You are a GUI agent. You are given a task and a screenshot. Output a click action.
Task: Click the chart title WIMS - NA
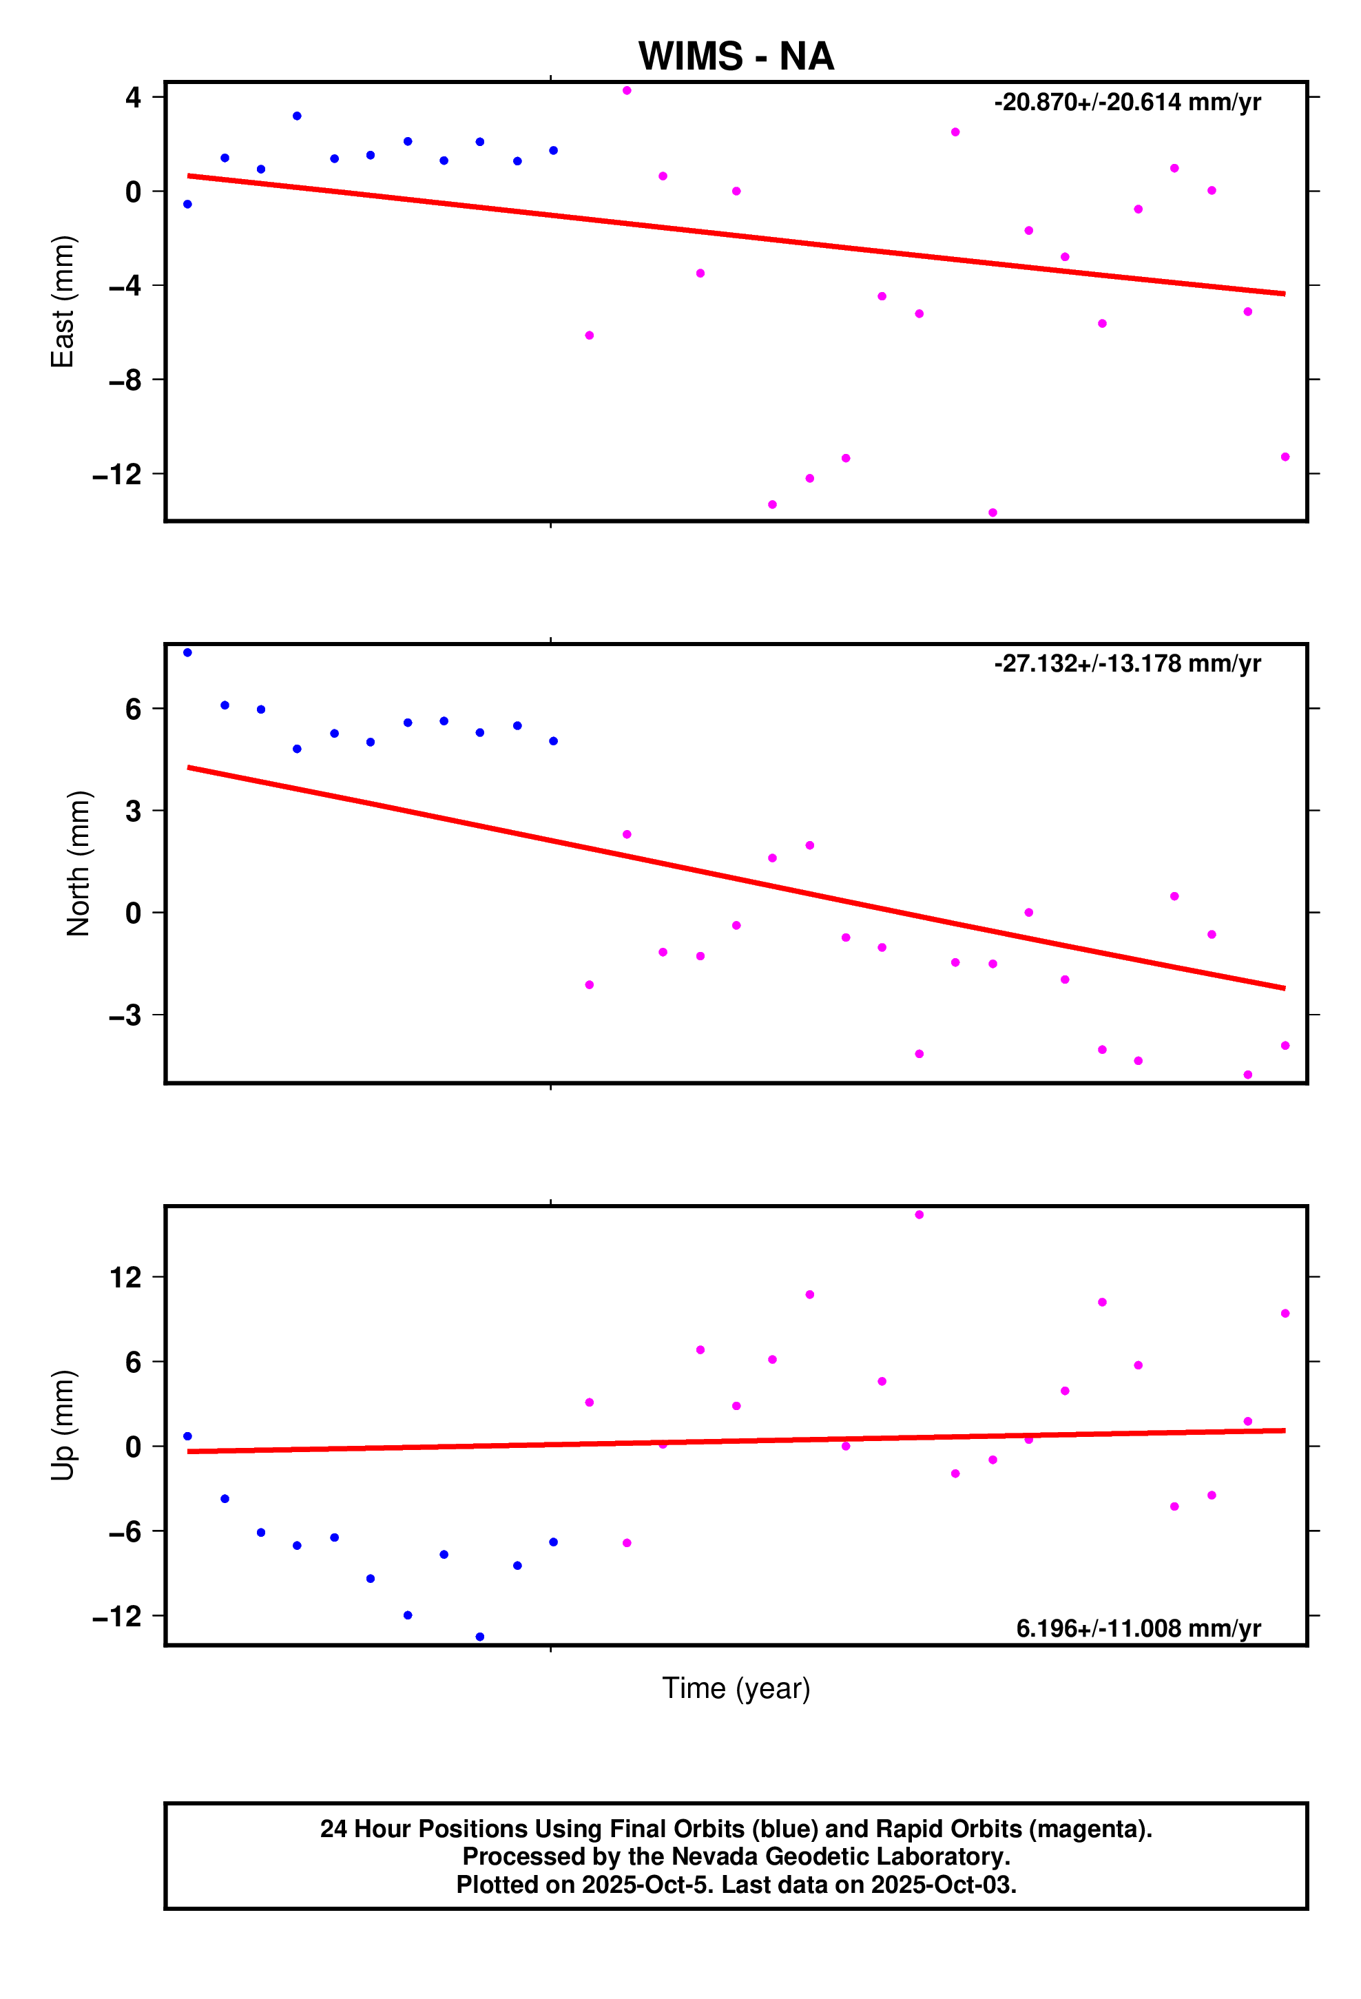[x=736, y=56]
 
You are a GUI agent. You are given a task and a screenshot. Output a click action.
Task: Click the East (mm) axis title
[x=63, y=302]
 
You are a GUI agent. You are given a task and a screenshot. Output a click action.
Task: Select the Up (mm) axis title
[x=63, y=1425]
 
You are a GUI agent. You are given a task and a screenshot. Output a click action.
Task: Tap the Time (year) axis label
[x=736, y=1688]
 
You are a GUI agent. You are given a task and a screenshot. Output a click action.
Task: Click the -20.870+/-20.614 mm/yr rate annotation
[x=1127, y=103]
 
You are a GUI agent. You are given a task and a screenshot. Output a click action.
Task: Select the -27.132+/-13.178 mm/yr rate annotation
[x=1127, y=663]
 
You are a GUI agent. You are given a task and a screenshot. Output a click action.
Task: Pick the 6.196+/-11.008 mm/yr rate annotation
[x=1138, y=1628]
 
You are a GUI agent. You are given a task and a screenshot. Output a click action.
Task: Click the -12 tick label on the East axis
[x=117, y=474]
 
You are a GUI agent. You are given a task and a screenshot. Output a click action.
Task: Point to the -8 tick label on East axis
[x=125, y=380]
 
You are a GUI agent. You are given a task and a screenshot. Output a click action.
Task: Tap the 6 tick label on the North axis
[x=134, y=709]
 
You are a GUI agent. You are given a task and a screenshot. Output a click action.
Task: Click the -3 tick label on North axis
[x=125, y=1015]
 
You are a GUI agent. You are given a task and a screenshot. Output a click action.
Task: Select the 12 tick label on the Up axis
[x=125, y=1277]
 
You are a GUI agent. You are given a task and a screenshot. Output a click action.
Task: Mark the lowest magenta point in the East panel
[x=993, y=512]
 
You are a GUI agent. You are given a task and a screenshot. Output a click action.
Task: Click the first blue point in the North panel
[x=187, y=653]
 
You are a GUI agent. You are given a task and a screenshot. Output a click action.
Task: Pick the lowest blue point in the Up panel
[x=480, y=1637]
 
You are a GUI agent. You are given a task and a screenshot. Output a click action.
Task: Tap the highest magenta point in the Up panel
[x=920, y=1214]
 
